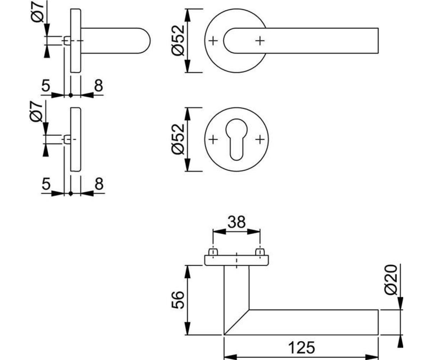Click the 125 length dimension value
[x=301, y=348]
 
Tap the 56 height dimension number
[x=178, y=300]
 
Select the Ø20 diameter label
[x=391, y=279]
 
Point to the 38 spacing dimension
[x=237, y=222]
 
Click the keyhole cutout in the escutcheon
[x=237, y=139]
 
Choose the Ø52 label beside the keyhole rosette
[x=178, y=139]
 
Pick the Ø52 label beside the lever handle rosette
[x=178, y=41]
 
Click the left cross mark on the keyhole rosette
[x=213, y=139]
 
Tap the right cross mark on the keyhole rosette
[x=260, y=139]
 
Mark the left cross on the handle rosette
[x=213, y=41]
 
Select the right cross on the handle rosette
[x=260, y=41]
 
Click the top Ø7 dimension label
[x=37, y=12]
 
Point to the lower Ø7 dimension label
[x=36, y=111]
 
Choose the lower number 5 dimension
[x=46, y=184]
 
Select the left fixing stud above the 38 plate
[x=213, y=252]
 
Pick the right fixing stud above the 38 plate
[x=260, y=252]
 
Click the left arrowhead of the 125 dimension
[x=230, y=357]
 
